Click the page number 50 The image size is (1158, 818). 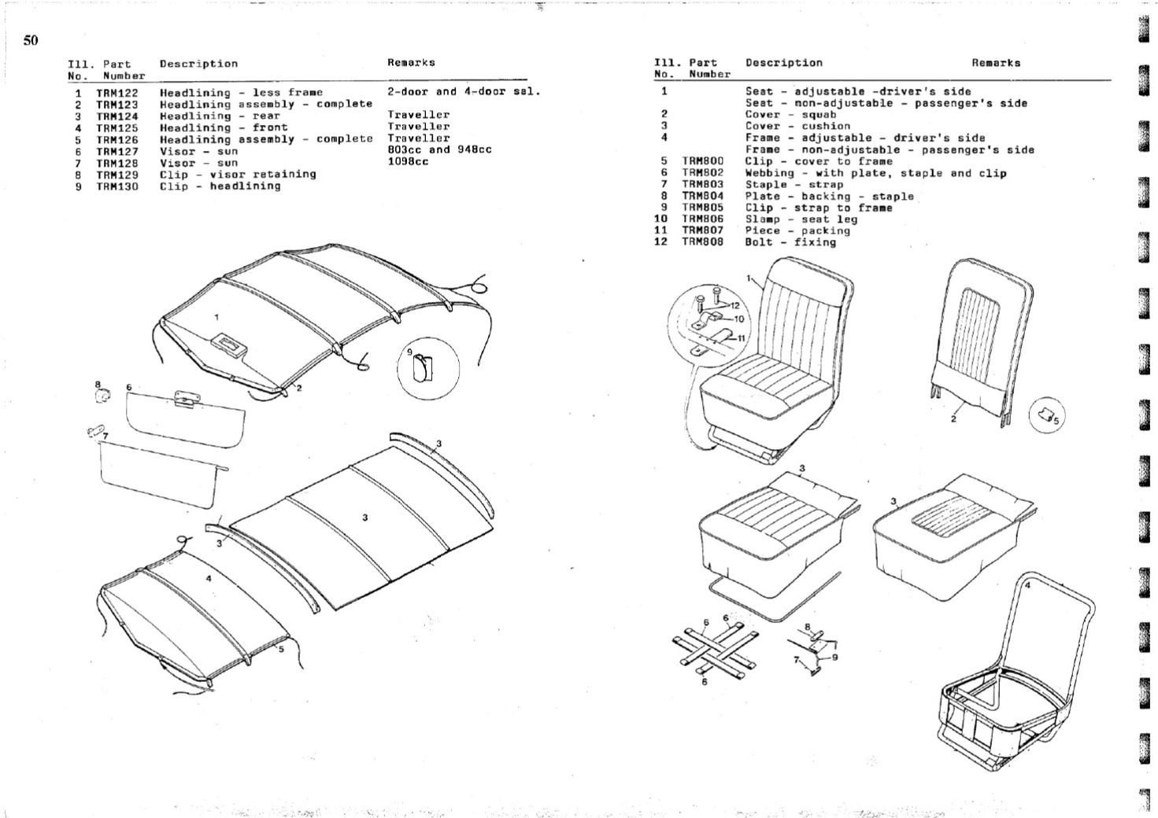(31, 41)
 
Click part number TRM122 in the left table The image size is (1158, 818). (117, 93)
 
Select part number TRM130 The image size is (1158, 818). (117, 186)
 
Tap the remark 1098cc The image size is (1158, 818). (408, 162)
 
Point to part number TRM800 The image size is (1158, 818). (702, 161)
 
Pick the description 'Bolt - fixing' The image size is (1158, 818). (790, 242)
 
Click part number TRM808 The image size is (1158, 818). (702, 242)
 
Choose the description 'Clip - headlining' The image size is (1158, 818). (220, 186)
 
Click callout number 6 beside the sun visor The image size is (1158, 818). (128, 387)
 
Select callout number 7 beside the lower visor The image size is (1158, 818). (105, 436)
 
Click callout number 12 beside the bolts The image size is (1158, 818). (735, 305)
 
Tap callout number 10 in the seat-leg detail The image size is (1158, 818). (738, 319)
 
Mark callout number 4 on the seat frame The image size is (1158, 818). (1027, 586)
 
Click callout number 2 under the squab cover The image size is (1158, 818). (953, 418)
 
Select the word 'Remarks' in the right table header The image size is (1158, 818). (995, 63)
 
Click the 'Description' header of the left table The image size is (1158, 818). (198, 64)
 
